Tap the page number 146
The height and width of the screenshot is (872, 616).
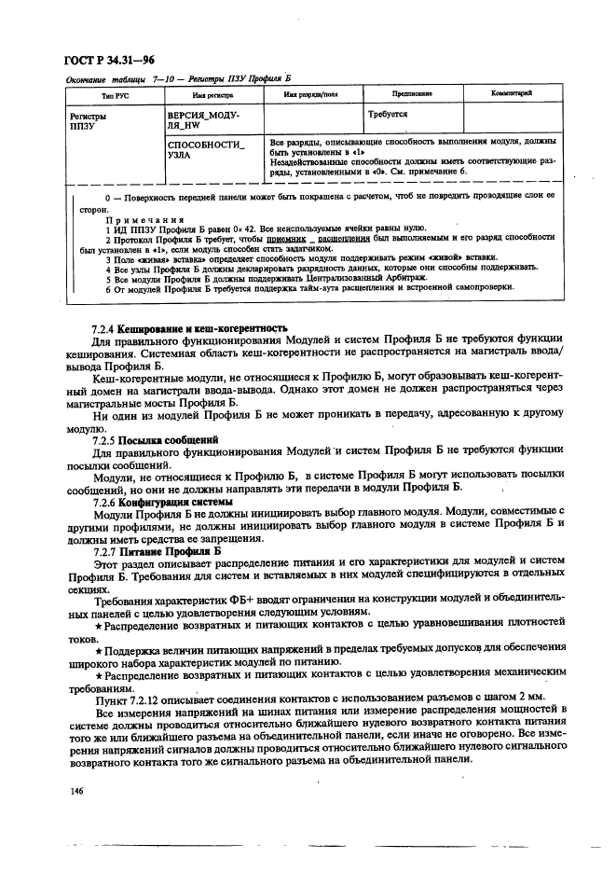click(76, 792)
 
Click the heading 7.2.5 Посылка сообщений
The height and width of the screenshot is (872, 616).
click(155, 438)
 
